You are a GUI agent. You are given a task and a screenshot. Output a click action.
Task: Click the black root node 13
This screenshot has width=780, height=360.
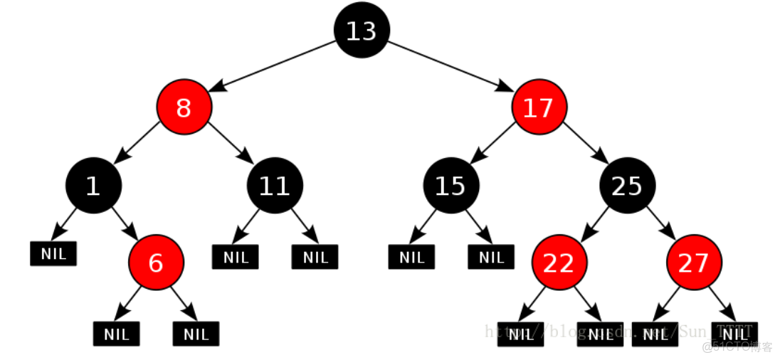tap(362, 31)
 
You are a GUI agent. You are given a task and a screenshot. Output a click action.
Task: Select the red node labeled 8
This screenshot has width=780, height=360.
tap(184, 108)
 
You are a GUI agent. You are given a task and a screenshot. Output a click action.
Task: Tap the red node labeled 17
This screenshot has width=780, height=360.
tap(539, 108)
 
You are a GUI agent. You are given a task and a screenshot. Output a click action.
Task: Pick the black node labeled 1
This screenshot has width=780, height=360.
tap(93, 186)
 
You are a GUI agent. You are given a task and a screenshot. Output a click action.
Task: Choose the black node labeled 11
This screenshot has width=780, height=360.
tap(275, 186)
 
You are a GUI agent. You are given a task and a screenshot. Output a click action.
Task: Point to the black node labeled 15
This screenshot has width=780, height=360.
tap(450, 186)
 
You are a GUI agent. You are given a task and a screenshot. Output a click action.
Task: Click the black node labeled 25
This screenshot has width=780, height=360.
tap(627, 186)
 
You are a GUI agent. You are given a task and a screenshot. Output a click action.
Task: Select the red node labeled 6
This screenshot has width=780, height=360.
tap(156, 263)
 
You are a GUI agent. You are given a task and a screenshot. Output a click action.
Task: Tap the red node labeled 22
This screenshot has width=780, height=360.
tap(559, 263)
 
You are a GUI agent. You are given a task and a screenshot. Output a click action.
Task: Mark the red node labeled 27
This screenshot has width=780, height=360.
tap(694, 263)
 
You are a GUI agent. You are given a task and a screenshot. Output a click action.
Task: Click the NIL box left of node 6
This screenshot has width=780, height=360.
tap(53, 254)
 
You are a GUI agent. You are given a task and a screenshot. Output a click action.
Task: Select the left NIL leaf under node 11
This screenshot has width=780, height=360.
tap(236, 257)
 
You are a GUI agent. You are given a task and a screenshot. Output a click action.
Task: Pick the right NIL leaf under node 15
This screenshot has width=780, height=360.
tap(491, 257)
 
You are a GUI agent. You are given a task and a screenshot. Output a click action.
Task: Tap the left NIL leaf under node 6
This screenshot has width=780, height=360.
tap(116, 334)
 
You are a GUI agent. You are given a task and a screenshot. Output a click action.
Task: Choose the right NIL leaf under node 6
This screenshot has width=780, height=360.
tap(196, 334)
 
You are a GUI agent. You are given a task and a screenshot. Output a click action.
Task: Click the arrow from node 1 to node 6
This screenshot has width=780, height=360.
tap(122, 223)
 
